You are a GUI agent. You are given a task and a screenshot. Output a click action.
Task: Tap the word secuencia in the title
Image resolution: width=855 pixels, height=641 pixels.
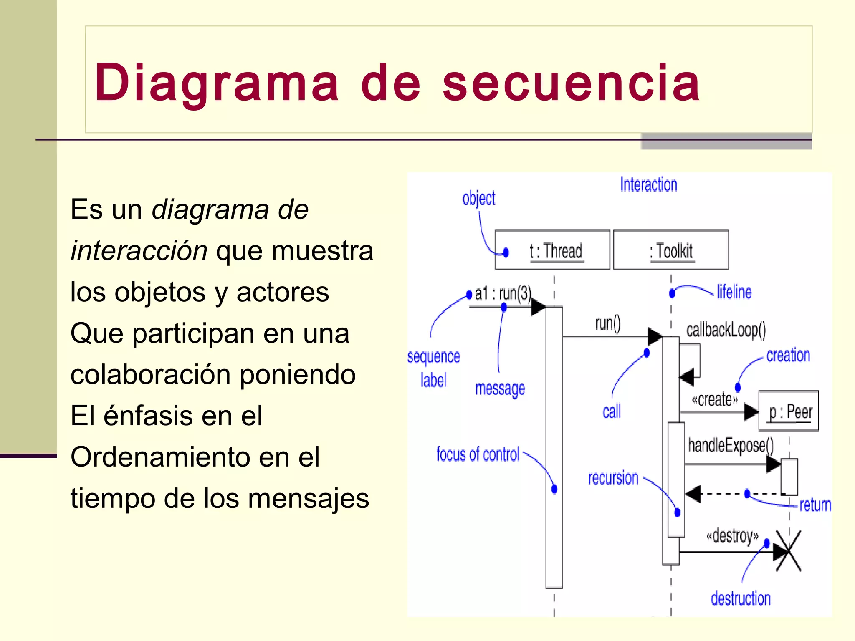571,83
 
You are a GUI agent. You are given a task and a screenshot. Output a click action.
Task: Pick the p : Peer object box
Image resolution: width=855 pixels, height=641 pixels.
789,411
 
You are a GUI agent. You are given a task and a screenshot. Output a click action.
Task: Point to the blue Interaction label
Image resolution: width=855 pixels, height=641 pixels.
648,184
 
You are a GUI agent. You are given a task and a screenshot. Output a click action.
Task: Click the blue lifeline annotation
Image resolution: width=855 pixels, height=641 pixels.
734,292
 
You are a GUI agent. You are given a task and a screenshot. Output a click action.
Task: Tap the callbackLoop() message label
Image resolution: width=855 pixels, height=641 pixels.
726,330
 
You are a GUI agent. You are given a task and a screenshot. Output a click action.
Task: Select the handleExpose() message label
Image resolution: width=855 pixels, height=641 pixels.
731,445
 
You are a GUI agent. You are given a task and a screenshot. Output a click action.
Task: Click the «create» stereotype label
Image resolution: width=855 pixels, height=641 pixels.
715,400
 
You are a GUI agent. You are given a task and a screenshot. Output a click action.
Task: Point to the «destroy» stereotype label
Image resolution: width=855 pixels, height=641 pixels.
732,535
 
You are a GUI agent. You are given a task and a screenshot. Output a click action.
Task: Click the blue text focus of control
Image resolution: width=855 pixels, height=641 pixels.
478,454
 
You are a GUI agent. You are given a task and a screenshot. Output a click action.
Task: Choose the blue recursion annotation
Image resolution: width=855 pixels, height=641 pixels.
613,478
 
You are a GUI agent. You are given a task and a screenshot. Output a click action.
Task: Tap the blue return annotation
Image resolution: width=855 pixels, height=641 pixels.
815,505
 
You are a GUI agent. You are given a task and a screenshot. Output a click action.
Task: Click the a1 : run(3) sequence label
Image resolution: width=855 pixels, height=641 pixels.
503,293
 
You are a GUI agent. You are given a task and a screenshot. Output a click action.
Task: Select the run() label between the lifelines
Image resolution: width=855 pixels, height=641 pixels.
608,323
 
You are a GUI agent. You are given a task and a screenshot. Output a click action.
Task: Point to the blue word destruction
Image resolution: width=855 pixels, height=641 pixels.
741,598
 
